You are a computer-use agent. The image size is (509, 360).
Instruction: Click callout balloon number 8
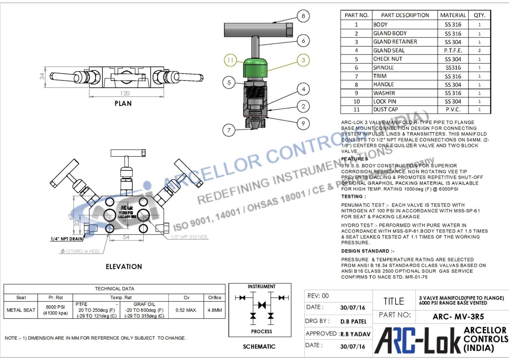303,16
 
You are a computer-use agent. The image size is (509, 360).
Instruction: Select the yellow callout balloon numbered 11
230,60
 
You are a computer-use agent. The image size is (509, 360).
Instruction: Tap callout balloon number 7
229,130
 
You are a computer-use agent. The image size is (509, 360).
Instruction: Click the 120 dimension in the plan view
125,93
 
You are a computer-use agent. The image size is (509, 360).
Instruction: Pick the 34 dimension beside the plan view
42,76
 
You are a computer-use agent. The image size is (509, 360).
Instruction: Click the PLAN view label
123,103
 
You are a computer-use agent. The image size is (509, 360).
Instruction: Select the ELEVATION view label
124,267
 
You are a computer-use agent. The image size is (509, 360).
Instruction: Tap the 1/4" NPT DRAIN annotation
67,239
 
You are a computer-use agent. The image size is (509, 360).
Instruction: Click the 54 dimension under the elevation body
126,237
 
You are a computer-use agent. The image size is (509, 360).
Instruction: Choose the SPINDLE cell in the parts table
383,68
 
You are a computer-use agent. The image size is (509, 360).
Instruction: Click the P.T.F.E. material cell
453,50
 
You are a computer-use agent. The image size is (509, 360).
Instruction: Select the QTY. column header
479,15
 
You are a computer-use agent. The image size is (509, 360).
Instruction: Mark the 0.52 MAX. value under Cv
186,310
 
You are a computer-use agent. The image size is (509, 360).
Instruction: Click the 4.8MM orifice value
215,310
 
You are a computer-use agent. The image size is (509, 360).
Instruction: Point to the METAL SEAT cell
21,310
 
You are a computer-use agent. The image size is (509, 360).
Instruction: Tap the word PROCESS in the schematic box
261,331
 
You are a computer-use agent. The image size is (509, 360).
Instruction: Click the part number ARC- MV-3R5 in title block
458,317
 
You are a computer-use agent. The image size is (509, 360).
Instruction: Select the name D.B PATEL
353,322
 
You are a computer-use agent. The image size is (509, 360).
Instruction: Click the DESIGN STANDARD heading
368,251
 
